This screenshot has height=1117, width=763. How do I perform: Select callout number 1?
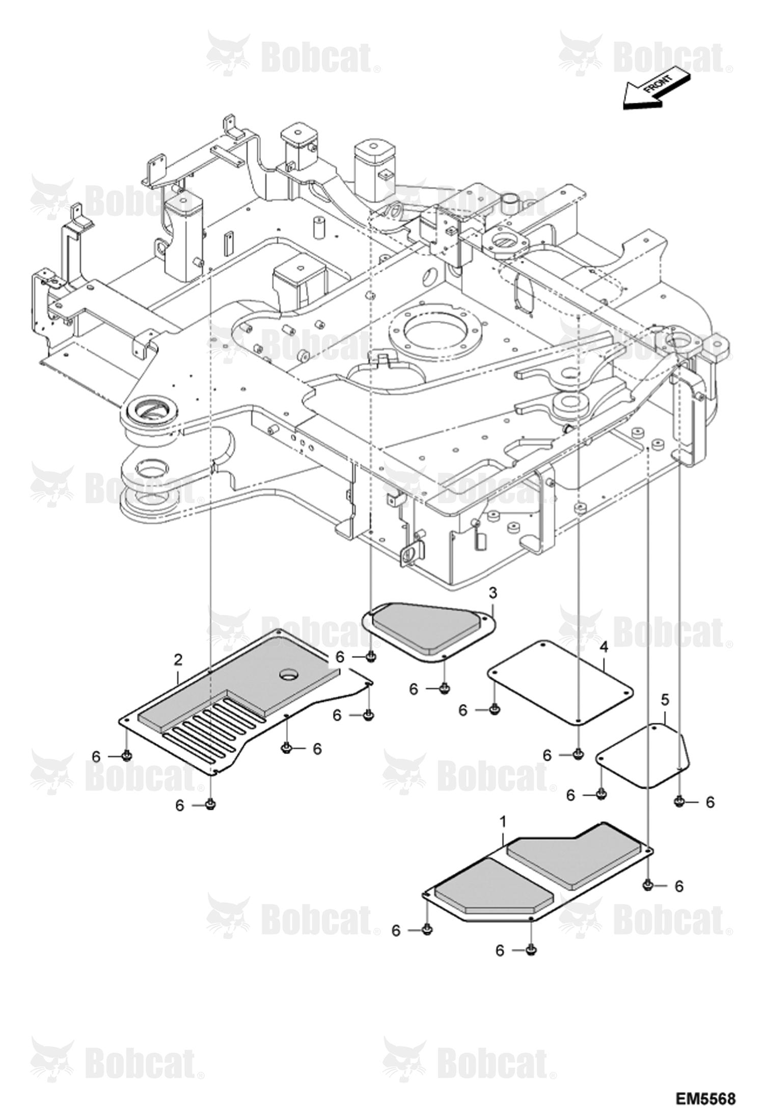503,821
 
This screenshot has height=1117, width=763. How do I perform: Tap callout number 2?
178,660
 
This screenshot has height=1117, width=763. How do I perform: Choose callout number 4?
604,647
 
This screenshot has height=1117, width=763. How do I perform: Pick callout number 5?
665,700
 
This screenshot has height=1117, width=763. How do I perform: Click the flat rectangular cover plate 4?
560,682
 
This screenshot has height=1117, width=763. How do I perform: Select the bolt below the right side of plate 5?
678,802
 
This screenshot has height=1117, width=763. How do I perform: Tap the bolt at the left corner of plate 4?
493,709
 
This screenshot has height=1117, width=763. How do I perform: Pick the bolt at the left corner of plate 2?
126,757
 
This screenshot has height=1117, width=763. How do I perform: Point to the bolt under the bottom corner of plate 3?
444,689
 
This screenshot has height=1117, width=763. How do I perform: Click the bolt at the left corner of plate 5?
601,794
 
